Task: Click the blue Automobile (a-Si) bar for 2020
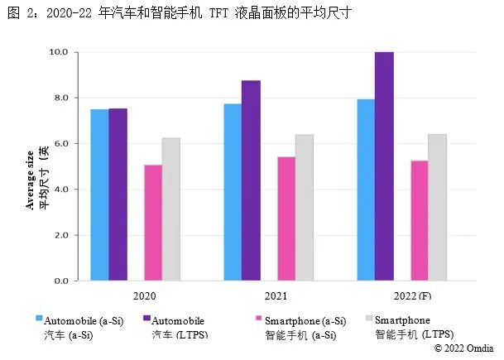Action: tap(99, 195)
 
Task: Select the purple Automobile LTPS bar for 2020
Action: tap(118, 195)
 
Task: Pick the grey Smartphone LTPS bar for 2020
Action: tap(171, 209)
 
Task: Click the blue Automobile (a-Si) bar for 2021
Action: tap(233, 192)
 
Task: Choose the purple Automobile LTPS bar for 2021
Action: tap(251, 180)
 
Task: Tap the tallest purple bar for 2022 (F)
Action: tap(384, 166)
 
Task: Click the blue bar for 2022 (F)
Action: tap(366, 190)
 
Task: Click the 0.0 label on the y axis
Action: tap(63, 281)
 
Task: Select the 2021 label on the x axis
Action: tap(276, 295)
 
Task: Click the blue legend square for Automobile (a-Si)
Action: tap(39, 318)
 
